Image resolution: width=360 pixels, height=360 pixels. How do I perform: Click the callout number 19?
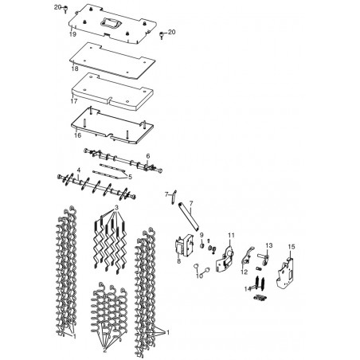(x=72, y=34)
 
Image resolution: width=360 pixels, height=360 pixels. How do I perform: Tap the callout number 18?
(x=75, y=68)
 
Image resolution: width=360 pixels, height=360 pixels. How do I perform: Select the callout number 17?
(x=74, y=101)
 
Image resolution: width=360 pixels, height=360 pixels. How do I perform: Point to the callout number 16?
(x=77, y=135)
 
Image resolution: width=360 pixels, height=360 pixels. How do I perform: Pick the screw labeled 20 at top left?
(x=65, y=9)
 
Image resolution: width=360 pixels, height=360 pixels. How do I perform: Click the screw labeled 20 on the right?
(x=161, y=35)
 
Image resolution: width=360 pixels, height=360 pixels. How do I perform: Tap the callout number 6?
(x=148, y=156)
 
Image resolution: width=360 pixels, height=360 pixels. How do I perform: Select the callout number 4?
(x=78, y=170)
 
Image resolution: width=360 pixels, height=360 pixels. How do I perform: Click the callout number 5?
(x=130, y=177)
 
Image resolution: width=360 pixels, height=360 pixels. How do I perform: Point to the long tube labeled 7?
(x=189, y=217)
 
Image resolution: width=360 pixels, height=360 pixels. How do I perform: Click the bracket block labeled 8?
(x=184, y=247)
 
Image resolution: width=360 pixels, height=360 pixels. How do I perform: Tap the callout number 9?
(x=202, y=235)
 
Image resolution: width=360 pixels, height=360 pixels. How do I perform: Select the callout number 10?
(x=199, y=276)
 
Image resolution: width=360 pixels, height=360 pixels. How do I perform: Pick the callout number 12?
(x=244, y=272)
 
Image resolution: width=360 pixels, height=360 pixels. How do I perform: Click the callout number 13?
(x=269, y=245)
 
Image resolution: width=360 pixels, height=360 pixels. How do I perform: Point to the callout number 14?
(x=248, y=289)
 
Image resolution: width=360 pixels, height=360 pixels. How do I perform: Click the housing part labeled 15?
(x=287, y=272)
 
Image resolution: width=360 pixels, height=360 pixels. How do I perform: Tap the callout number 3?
(x=116, y=207)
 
